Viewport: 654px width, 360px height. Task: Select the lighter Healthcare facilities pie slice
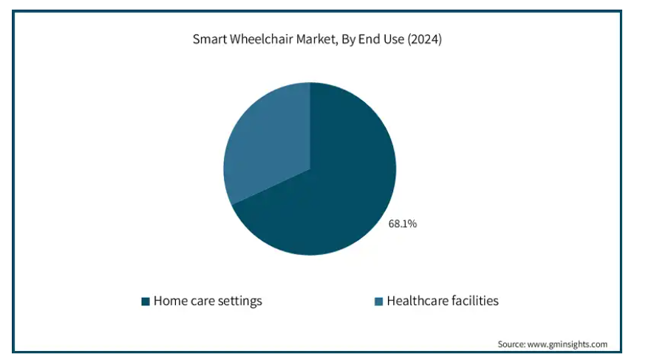tap(267, 142)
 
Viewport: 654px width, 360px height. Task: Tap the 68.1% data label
tap(403, 224)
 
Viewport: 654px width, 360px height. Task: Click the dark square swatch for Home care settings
tap(146, 301)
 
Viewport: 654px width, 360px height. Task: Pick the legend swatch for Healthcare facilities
tap(378, 301)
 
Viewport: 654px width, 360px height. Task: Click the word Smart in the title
tap(210, 39)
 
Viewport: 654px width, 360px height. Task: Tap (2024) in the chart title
tap(425, 39)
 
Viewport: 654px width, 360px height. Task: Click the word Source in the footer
tap(511, 344)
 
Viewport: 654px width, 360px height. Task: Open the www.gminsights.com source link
tap(568, 344)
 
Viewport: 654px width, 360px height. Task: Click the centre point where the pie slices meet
tap(310, 169)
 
